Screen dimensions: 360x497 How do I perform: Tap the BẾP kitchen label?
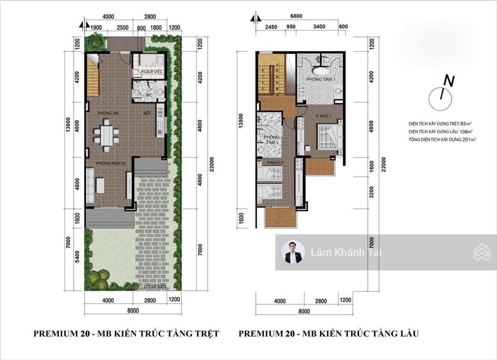point(147,113)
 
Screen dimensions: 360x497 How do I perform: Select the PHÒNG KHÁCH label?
point(111,164)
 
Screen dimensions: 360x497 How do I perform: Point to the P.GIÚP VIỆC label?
point(151,72)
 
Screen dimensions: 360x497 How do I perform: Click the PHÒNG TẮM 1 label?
point(320,79)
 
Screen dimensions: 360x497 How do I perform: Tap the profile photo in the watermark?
point(293,252)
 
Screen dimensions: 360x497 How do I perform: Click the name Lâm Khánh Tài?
point(338,252)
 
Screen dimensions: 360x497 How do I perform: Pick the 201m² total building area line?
point(442,139)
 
